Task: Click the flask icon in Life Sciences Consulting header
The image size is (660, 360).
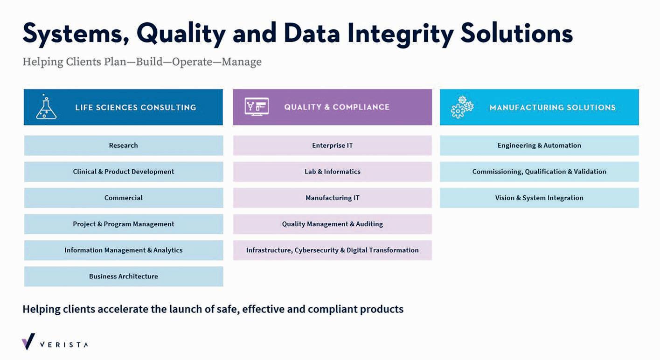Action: point(46,107)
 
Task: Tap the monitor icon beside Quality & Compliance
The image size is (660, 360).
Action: point(257,107)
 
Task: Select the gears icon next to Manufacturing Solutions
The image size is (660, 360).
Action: point(462,107)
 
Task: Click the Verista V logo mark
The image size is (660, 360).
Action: point(28,342)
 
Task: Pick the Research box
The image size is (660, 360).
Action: point(124,145)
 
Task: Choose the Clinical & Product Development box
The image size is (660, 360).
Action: point(124,172)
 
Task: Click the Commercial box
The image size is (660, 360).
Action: point(124,198)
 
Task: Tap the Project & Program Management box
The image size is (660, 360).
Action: point(124,224)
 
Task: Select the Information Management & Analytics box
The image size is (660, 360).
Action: point(124,250)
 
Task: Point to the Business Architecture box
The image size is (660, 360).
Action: point(124,276)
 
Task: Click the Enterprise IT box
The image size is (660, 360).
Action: point(333,145)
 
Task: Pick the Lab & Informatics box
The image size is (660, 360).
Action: point(333,172)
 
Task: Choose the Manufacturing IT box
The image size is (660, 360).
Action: point(333,198)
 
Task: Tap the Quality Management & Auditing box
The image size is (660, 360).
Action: point(333,224)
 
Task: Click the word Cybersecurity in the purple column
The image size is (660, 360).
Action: point(316,250)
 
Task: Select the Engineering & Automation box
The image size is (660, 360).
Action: point(539,145)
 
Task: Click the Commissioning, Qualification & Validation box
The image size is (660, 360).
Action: point(539,172)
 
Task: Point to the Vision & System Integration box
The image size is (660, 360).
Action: point(539,198)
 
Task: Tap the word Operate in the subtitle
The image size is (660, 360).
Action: point(192,62)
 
